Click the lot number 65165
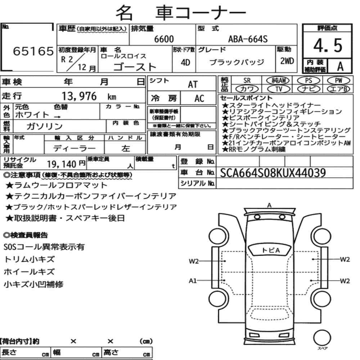[x=33, y=51]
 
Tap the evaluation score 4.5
[x=328, y=45]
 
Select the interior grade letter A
[x=340, y=66]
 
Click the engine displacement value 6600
[x=164, y=39]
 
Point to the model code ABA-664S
[x=248, y=39]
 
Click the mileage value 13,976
[x=79, y=96]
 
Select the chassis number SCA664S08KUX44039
[x=273, y=173]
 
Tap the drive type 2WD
[x=287, y=61]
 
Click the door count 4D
[x=185, y=62]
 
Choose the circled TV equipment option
[x=279, y=89]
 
